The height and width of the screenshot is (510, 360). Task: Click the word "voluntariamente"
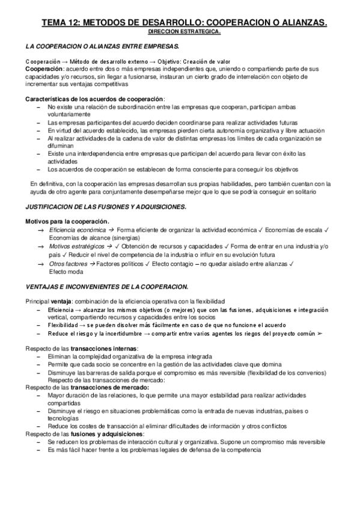click(69, 114)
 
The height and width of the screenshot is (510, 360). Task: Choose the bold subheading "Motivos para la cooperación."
click(67, 222)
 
